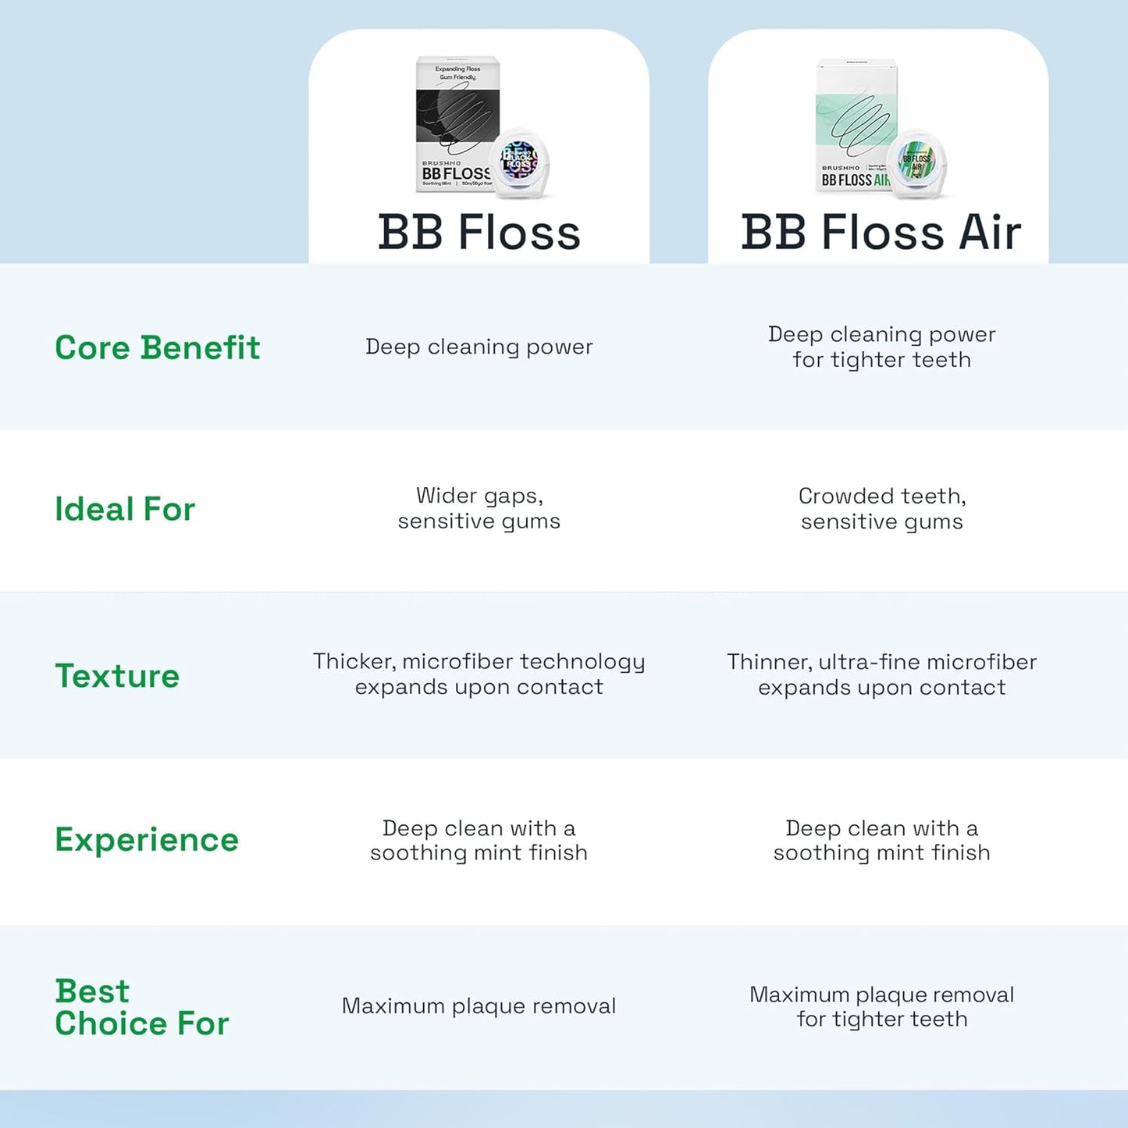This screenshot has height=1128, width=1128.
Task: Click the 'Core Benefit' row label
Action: [x=157, y=348]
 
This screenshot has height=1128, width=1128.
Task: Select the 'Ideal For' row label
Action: [x=125, y=510]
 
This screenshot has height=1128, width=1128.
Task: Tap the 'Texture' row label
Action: [x=117, y=676]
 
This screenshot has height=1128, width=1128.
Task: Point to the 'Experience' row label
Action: [x=147, y=840]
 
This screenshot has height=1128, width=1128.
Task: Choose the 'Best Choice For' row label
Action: [x=141, y=1007]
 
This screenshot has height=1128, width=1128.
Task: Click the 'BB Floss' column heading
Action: [x=479, y=233]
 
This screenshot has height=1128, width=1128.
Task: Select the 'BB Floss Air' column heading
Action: [x=881, y=233]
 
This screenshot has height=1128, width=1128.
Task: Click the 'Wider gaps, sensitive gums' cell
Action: [x=479, y=508]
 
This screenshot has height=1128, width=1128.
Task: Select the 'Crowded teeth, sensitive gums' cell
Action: [x=881, y=508]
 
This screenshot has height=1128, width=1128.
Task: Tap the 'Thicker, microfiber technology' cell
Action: [x=479, y=674]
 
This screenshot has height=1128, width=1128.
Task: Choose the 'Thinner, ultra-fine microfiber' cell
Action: [x=881, y=674]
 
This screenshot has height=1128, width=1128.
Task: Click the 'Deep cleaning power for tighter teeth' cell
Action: [x=881, y=347]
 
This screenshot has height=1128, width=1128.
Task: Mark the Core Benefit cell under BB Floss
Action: [x=479, y=347]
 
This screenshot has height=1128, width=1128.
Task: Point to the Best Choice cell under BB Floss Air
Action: [x=881, y=1006]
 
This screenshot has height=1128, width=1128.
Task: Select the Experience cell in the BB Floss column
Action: [x=479, y=840]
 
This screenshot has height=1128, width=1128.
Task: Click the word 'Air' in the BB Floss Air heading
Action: [x=990, y=233]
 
